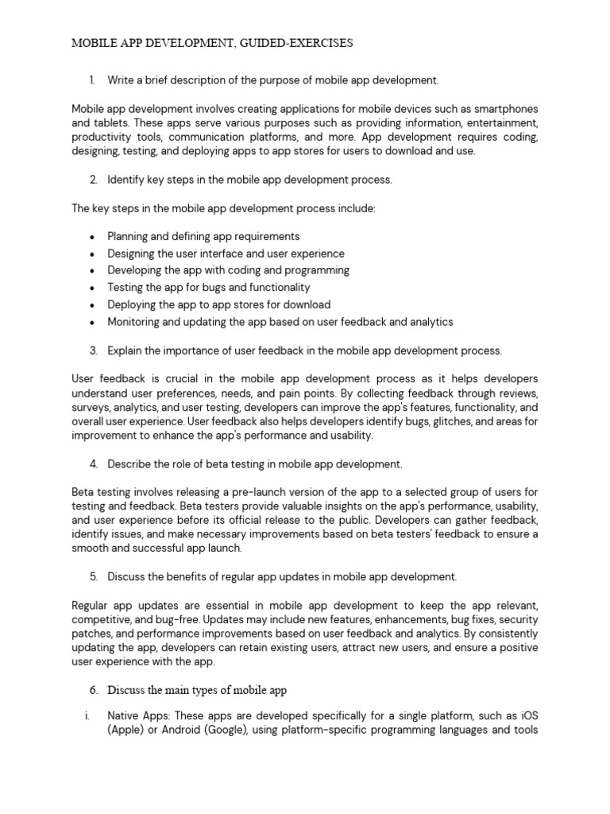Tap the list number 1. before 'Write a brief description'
click(x=92, y=80)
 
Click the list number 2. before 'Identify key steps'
click(x=93, y=180)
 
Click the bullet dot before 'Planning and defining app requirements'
click(x=93, y=237)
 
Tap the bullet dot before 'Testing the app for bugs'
click(x=93, y=288)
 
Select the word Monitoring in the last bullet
click(x=135, y=322)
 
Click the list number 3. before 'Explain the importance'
click(x=93, y=351)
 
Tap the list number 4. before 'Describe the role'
click(x=93, y=464)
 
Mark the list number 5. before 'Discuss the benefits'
click(x=93, y=577)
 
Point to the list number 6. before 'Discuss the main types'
click(x=93, y=688)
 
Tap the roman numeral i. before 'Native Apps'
click(x=87, y=716)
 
